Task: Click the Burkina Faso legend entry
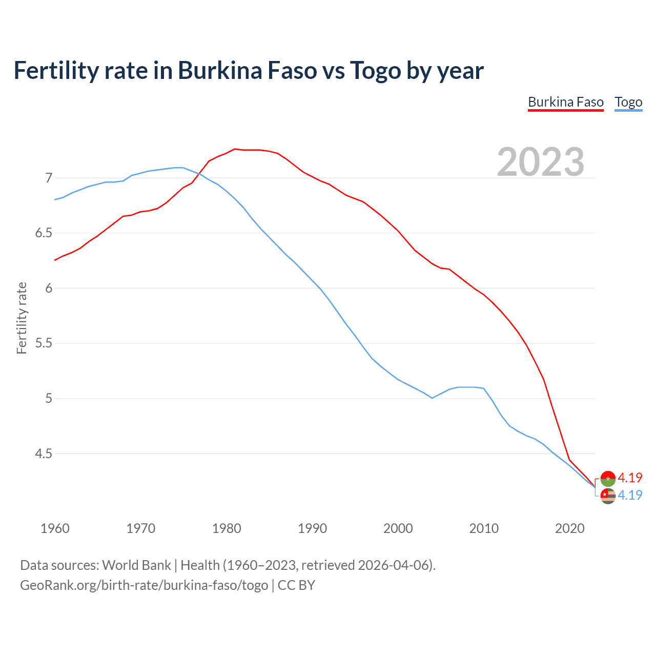[x=566, y=102]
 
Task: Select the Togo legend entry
[x=628, y=102]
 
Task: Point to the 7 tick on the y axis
[x=49, y=178]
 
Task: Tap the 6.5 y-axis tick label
[x=44, y=233]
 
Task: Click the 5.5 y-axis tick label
[x=44, y=343]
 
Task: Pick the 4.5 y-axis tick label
[x=44, y=454]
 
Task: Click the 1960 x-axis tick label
[x=55, y=528]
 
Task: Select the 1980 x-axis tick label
[x=227, y=528]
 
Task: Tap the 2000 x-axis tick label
[x=398, y=528]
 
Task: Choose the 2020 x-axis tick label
[x=569, y=528]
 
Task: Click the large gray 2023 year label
[x=540, y=162]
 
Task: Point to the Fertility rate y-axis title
[x=22, y=318]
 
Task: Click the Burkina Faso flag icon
[x=608, y=478]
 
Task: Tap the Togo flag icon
[x=608, y=496]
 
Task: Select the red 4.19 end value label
[x=630, y=478]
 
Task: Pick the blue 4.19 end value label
[x=630, y=495]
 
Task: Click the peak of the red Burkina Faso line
[x=235, y=149]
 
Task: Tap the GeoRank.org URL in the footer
[x=144, y=585]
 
